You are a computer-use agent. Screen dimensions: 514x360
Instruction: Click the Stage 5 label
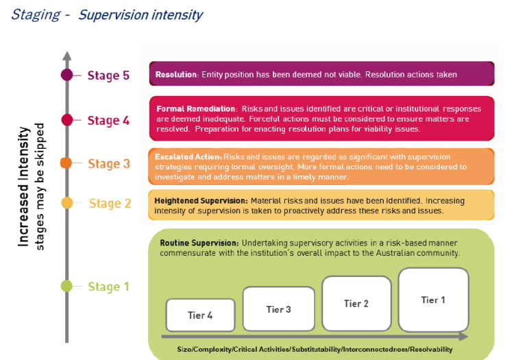coord(108,75)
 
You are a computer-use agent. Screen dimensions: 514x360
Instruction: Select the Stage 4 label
coord(108,120)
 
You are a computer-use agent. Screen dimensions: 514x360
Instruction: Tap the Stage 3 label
coord(109,164)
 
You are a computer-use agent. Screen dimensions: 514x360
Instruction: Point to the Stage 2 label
coord(110,203)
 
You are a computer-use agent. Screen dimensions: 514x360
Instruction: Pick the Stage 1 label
coord(108,287)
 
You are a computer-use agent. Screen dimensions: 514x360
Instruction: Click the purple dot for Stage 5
coord(67,75)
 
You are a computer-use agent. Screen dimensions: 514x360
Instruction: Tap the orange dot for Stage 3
coord(66,163)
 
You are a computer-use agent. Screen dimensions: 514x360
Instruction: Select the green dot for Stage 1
coord(66,286)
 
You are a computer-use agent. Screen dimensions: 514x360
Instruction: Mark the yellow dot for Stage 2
coord(67,203)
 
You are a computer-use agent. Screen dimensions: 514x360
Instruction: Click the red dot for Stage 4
coord(67,120)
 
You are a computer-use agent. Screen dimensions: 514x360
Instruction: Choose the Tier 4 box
coord(200,315)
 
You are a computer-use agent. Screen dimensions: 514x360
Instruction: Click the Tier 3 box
coord(279,309)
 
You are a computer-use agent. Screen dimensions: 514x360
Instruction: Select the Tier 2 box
coord(356,304)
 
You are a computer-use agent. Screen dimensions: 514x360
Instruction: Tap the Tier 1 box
coord(433,300)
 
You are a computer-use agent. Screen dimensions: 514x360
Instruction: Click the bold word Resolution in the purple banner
coord(176,75)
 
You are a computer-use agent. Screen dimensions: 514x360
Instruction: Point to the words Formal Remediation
coord(196,108)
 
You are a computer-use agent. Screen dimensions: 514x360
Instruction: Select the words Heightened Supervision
coord(201,201)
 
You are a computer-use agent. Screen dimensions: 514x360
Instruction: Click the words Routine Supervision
coord(199,243)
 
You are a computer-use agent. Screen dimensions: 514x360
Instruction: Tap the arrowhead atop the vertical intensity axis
coord(67,56)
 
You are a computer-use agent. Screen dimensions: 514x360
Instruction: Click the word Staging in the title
coord(36,15)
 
